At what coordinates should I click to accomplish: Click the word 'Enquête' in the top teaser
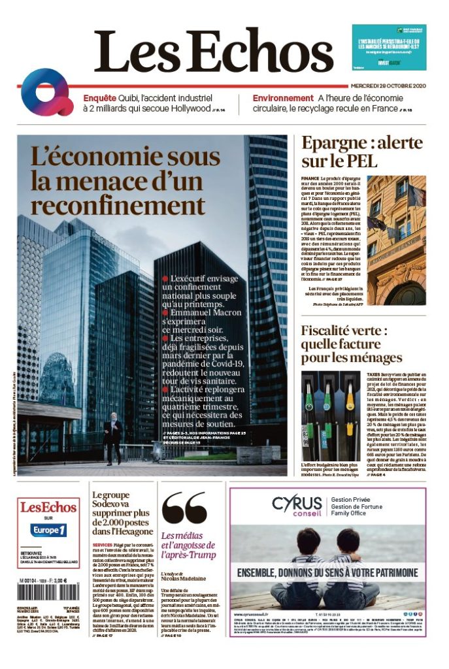click(99, 98)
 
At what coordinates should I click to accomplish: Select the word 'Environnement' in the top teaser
click(283, 98)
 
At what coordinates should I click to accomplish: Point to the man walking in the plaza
click(113, 435)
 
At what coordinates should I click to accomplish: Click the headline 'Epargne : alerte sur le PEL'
click(361, 151)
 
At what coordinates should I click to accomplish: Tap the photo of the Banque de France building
click(396, 240)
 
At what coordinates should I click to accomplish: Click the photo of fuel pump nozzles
click(331, 416)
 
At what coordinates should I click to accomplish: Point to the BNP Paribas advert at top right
click(389, 47)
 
